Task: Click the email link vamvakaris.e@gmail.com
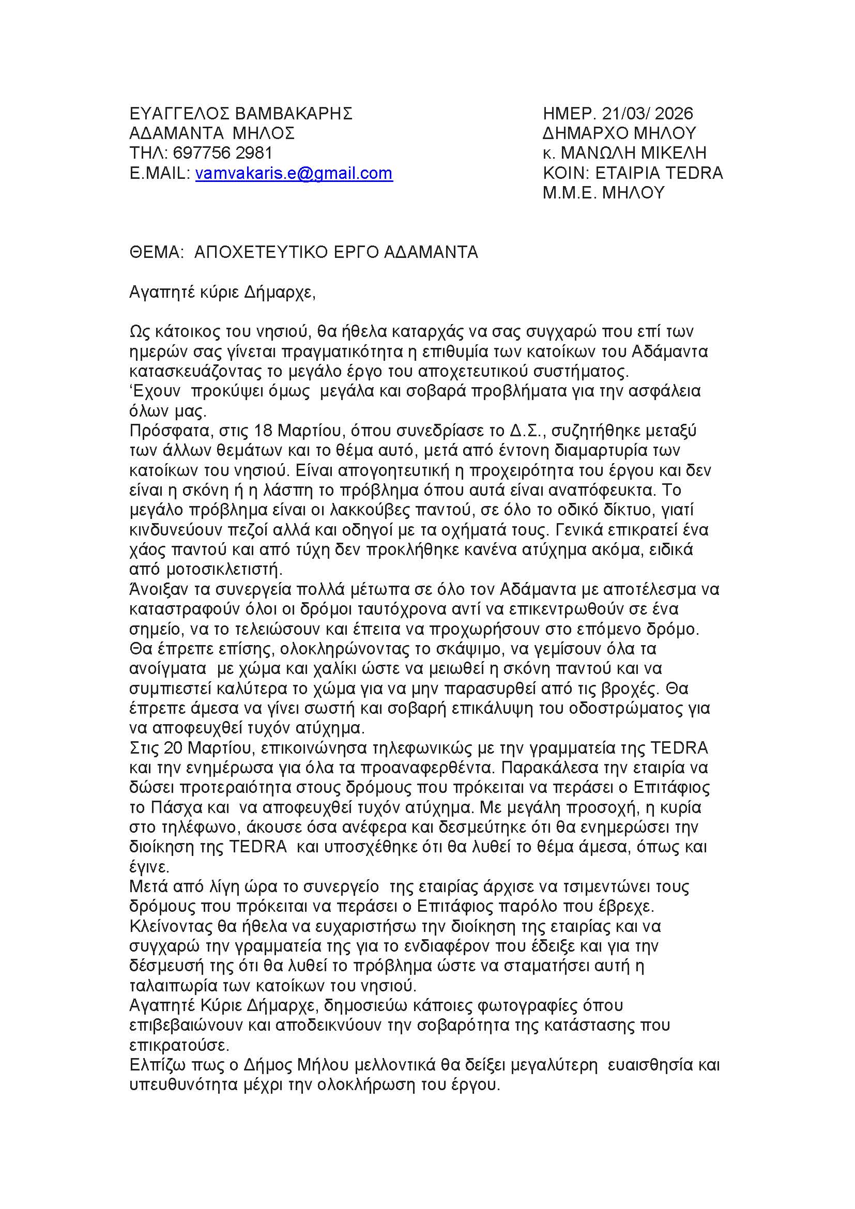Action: tap(294, 173)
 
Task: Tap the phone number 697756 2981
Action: tap(222, 153)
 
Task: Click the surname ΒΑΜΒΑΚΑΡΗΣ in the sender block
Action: tap(293, 113)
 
